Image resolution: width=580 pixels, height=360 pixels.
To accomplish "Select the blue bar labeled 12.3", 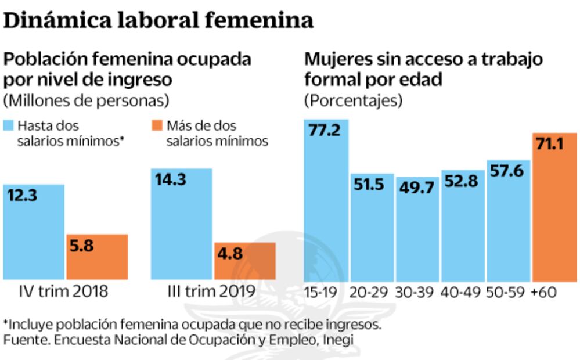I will tap(33, 232).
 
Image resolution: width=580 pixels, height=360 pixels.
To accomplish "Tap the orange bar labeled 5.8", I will tap(97, 257).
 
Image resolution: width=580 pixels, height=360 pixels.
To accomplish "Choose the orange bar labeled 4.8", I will tap(244, 261).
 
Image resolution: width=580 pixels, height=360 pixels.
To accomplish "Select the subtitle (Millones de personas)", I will tap(87, 100).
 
